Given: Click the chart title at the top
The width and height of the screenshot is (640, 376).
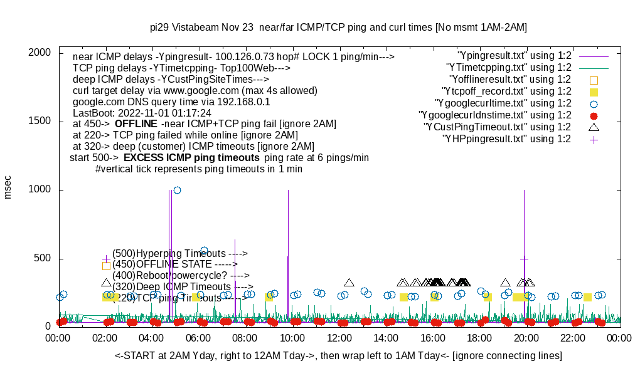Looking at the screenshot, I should [x=338, y=28].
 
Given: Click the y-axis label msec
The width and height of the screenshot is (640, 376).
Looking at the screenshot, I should [x=8, y=186].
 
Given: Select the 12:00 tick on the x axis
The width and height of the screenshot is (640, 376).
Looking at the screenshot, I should [x=339, y=338].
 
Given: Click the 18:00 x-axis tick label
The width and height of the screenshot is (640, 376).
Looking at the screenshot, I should [x=480, y=338].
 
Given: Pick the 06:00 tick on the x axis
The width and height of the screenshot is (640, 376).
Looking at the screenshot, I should [x=199, y=338].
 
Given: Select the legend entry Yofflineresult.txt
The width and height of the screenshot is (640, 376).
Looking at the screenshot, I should [x=510, y=80].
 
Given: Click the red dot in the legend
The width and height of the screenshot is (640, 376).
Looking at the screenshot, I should [x=594, y=115].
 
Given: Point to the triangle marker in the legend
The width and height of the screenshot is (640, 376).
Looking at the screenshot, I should [x=594, y=127].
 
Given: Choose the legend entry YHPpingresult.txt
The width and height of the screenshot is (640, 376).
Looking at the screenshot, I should [x=506, y=139].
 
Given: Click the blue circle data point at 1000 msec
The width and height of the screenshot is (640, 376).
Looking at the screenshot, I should [x=177, y=190].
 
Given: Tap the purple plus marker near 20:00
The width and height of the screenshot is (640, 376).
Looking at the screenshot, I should [x=524, y=258].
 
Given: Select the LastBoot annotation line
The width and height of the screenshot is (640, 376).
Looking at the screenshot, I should [x=142, y=113].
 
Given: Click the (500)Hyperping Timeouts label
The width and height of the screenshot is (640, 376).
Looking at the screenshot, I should [x=179, y=254].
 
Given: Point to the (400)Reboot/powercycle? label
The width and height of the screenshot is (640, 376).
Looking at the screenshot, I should [x=181, y=276].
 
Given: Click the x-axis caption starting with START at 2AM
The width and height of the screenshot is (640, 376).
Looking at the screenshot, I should [x=338, y=355].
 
